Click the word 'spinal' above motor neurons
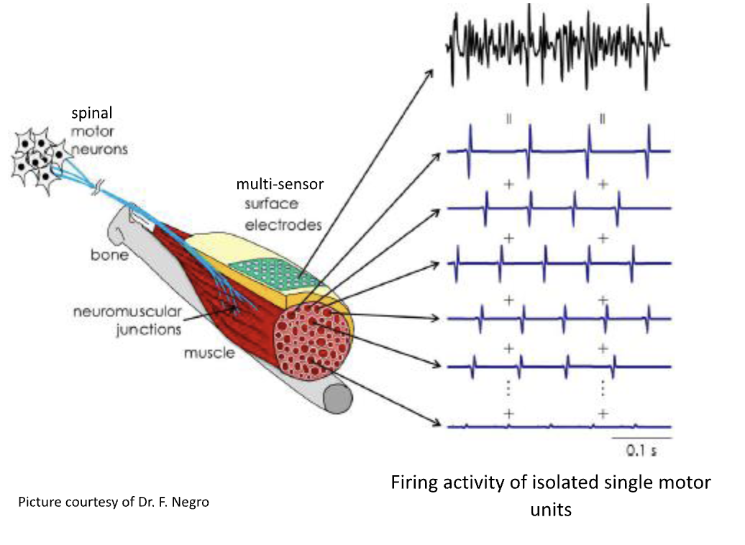point(92,113)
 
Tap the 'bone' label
point(109,255)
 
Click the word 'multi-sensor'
point(280,185)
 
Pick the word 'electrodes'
point(283,225)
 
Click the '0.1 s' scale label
point(641,452)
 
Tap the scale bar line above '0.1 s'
point(641,438)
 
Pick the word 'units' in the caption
point(551,510)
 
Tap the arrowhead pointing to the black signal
point(431,72)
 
